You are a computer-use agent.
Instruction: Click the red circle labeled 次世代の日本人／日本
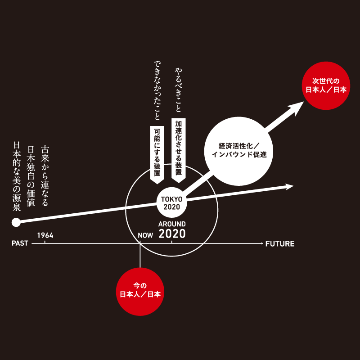point(326,85)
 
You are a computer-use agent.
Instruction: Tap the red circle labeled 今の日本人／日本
point(140,292)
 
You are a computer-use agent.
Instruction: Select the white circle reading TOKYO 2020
point(172,202)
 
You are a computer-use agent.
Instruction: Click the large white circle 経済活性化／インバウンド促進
point(239,151)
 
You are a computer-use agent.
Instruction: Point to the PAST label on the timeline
point(20,243)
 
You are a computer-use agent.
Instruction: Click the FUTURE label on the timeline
point(280,243)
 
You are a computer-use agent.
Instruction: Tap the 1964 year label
point(45,235)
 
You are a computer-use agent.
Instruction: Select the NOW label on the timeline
point(145,235)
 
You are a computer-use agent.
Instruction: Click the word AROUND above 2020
point(172,224)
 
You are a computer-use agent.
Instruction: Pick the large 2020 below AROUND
point(172,234)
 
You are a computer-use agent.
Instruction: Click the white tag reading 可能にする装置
point(157,155)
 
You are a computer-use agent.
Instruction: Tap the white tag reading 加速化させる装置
point(179,150)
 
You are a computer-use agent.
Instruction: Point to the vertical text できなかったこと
point(157,90)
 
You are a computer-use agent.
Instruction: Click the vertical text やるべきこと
point(178,90)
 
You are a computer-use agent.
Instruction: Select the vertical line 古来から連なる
point(45,176)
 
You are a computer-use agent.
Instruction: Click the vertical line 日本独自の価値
point(31,176)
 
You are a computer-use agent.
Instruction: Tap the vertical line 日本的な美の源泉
point(17,176)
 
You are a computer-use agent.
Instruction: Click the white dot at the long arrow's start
point(16,222)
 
